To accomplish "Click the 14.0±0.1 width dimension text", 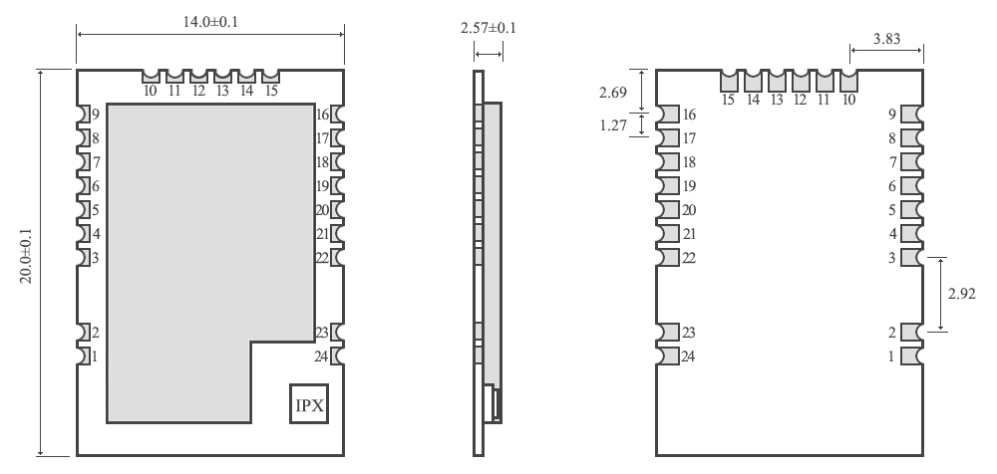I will [x=210, y=21].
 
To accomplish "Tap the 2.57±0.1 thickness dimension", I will [x=489, y=29].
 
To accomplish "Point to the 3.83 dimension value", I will [x=887, y=40].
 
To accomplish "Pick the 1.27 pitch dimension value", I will [x=613, y=126].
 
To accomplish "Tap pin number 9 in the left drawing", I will [x=96, y=115].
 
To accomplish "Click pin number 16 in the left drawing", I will [x=321, y=115].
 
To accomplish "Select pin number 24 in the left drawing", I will [x=321, y=355].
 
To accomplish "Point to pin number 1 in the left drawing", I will [x=96, y=355].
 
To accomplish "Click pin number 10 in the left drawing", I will [x=151, y=91].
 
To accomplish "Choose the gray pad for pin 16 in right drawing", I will [x=668, y=115].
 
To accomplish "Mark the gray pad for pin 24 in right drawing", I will [x=668, y=355].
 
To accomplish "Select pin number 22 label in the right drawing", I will [x=689, y=258].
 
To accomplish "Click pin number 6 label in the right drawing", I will [x=892, y=186].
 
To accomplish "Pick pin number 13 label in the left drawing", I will [x=222, y=91].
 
